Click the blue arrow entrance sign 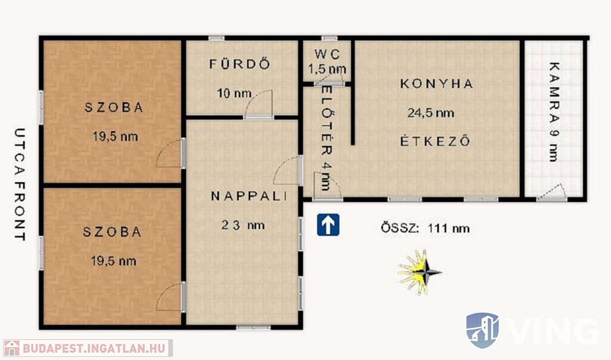(x=328, y=224)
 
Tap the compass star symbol (x=419, y=272)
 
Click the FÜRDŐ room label (x=240, y=63)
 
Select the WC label (x=328, y=54)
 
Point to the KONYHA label (x=437, y=84)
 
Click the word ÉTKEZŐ (x=435, y=140)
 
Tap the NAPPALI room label (x=249, y=196)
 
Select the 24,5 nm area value (x=431, y=113)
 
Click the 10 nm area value (x=234, y=94)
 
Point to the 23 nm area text (x=243, y=225)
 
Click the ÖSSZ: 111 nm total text (x=425, y=228)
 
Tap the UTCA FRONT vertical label (x=20, y=184)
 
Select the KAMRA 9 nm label (x=554, y=112)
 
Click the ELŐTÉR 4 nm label (x=326, y=138)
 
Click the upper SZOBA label (x=114, y=107)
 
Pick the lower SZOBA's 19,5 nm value (x=113, y=261)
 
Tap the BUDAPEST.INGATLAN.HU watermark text (x=94, y=348)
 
